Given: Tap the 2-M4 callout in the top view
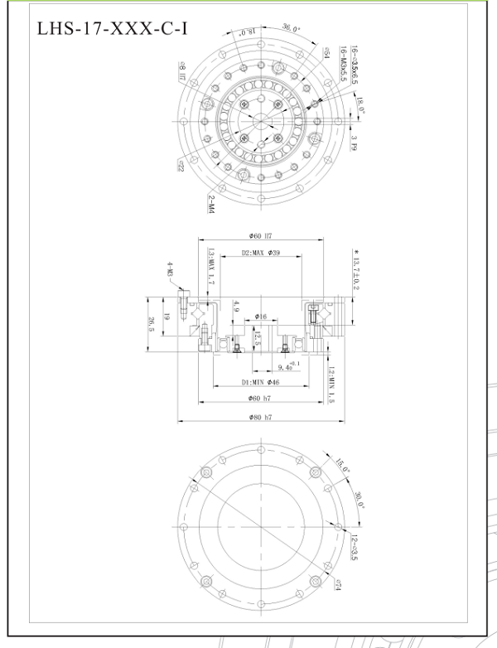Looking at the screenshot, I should pos(211,202).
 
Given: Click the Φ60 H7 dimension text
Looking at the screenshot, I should pos(261,236).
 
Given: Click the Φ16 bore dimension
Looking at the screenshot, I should pos(260,316).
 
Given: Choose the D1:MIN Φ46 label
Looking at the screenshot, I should pos(261,382).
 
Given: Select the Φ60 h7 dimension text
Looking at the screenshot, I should pos(261,399).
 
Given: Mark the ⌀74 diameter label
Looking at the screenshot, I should pos(340,584).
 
